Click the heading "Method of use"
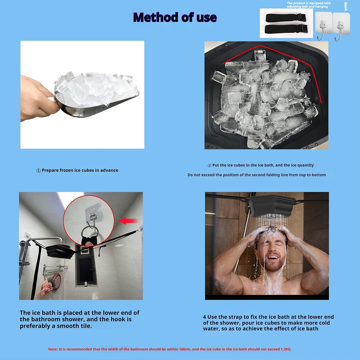175,17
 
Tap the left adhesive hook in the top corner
323,26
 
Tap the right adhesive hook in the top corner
341,26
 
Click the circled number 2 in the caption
209,165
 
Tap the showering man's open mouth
273,257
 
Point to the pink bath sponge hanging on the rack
46,287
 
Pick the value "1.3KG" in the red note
286,349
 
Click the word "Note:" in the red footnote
53,349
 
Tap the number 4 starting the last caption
205,317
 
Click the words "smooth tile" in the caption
74,326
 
